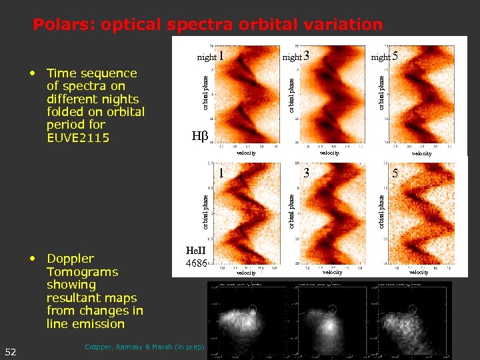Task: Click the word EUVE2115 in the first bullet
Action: pos(79,137)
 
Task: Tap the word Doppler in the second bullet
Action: pos(70,259)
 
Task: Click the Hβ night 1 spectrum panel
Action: pos(246,93)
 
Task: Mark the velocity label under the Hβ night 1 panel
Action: pos(246,153)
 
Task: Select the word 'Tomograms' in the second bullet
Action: pos(82,272)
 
